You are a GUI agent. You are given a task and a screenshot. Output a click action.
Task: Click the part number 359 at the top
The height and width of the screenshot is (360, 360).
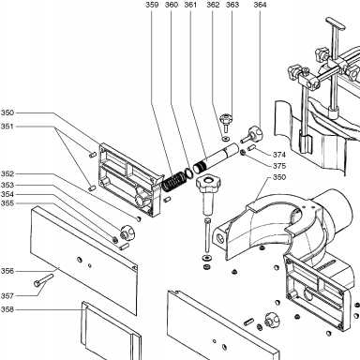click(x=152, y=5)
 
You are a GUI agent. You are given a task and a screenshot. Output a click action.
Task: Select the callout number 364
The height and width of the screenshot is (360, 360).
click(x=260, y=5)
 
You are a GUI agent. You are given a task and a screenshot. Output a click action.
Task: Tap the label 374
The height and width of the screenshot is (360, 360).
click(x=279, y=155)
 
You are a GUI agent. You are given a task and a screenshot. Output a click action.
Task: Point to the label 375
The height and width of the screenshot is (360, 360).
click(x=279, y=166)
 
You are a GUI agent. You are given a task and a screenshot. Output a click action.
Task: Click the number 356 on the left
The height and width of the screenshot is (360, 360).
click(x=7, y=271)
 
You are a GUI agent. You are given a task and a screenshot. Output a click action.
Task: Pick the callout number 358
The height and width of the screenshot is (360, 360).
click(x=7, y=309)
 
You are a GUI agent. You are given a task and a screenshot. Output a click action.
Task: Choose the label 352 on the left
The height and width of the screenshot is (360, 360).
click(x=7, y=174)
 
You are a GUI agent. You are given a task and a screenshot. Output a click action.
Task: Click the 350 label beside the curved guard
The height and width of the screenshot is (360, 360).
click(x=279, y=177)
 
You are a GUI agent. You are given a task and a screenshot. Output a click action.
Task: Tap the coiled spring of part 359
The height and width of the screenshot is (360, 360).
click(x=172, y=182)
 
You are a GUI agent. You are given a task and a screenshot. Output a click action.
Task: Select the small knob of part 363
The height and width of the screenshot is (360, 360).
click(x=225, y=122)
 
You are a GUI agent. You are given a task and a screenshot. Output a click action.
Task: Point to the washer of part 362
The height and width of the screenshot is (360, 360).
click(x=225, y=138)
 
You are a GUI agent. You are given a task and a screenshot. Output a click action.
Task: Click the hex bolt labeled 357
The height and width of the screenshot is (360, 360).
click(x=43, y=280)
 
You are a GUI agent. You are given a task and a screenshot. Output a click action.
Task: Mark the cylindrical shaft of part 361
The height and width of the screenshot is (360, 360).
click(x=216, y=157)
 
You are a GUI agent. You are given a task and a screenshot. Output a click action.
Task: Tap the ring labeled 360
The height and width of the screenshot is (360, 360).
click(x=187, y=172)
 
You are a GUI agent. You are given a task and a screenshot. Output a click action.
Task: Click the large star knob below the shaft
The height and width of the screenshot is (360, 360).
click(x=207, y=194)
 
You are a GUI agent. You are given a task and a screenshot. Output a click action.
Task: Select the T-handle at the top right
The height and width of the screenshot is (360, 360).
click(x=336, y=23)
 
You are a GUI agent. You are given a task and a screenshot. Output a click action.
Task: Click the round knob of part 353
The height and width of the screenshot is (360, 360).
click(x=127, y=232)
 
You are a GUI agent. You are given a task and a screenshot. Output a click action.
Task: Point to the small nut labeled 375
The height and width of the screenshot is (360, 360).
click(x=243, y=153)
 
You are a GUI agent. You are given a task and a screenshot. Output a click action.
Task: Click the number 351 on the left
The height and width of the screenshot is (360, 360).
click(x=7, y=127)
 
